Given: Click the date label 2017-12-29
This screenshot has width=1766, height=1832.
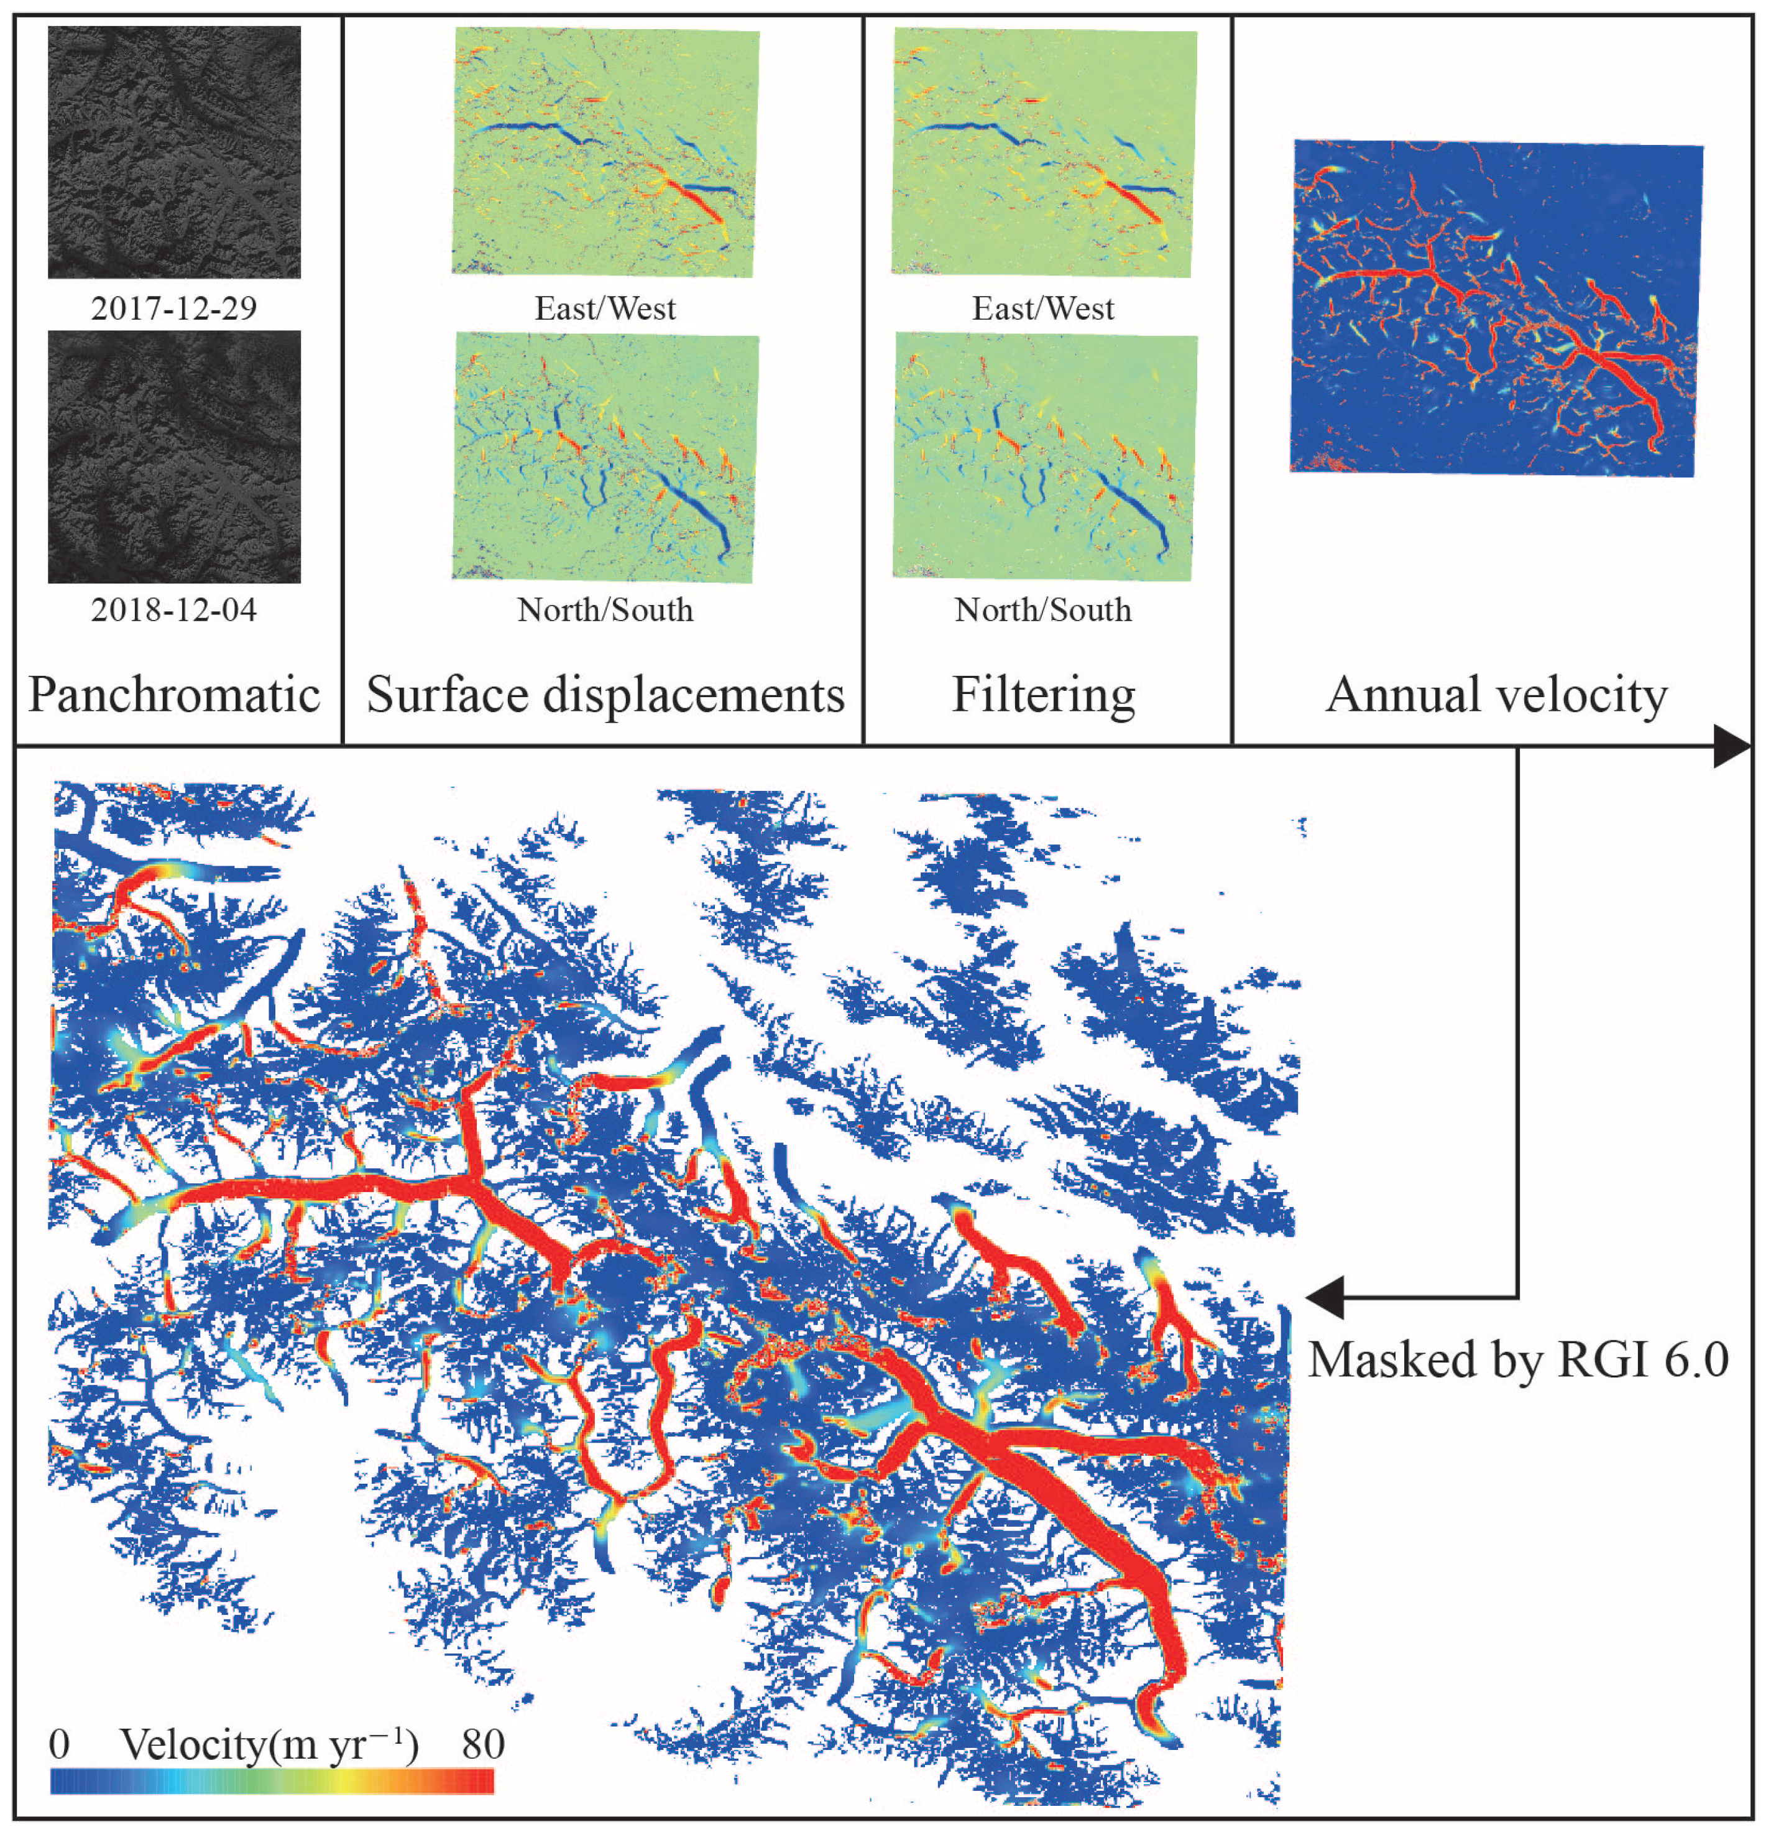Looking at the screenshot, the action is [x=174, y=308].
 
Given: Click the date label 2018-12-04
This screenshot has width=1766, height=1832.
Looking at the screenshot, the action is [x=174, y=609].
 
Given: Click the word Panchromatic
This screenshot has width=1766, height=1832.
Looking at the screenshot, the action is [x=174, y=695].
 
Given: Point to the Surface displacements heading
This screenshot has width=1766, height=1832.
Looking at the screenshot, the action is [x=605, y=695].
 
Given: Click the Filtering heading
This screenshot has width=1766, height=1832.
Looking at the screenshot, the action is [x=1043, y=695].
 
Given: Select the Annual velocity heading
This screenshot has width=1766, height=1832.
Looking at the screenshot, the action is [x=1496, y=695].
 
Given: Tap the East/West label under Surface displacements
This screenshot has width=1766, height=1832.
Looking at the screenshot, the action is [x=605, y=308].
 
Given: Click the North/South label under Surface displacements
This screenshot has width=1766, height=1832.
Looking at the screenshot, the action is [x=605, y=609].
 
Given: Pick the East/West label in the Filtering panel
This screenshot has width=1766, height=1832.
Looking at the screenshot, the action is [x=1043, y=308].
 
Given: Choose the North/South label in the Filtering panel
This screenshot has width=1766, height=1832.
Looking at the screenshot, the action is [x=1043, y=609].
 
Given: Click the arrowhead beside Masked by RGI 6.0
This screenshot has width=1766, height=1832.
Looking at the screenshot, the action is [x=1325, y=1297].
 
